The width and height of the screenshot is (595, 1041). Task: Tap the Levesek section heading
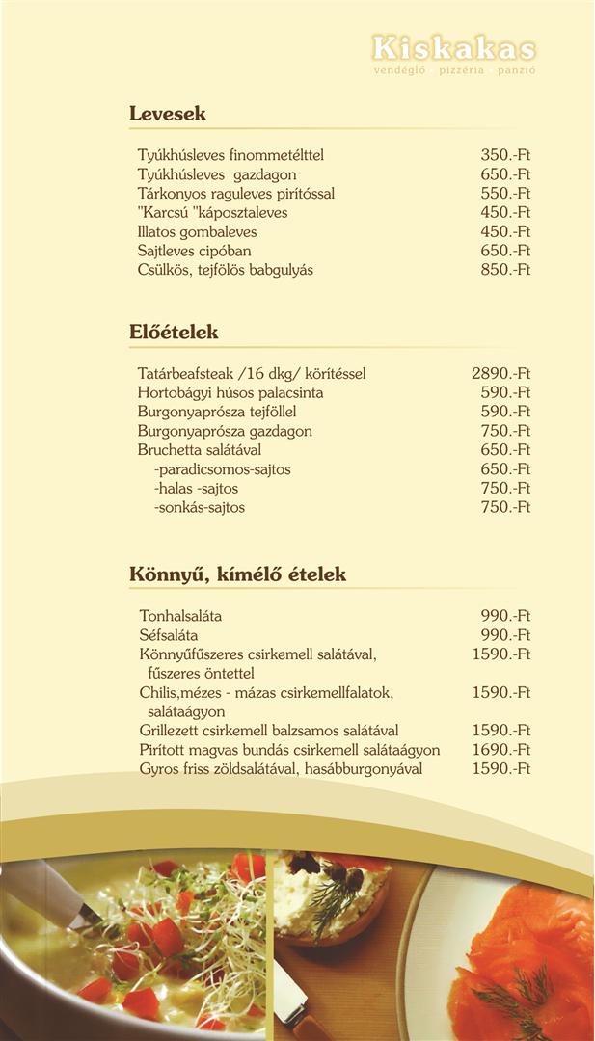tap(168, 114)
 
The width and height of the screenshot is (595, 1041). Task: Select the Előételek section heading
tap(174, 333)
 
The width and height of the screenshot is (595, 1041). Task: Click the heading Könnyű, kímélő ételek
tap(237, 574)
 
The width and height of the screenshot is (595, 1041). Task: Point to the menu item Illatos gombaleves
tap(197, 232)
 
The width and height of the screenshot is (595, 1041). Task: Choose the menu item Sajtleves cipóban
tap(194, 252)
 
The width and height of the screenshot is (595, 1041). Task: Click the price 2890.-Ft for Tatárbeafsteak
tap(501, 374)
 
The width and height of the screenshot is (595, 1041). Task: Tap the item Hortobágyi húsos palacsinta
tap(230, 393)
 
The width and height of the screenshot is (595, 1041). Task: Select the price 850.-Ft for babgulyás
tap(505, 270)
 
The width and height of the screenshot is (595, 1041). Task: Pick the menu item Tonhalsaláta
tap(180, 616)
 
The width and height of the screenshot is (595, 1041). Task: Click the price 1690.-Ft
tap(501, 750)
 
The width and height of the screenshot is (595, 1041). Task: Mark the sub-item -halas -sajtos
tap(197, 489)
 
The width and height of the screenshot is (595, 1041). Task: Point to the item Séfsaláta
tap(169, 635)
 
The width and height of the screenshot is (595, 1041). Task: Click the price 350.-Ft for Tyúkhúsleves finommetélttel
tap(505, 155)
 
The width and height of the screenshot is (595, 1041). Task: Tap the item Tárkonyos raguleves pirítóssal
tap(236, 194)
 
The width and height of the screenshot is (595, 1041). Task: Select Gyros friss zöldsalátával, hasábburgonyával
tap(281, 769)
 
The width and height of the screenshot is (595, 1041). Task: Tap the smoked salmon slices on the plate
tap(526, 954)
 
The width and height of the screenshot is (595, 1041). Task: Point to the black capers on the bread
tap(342, 876)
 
